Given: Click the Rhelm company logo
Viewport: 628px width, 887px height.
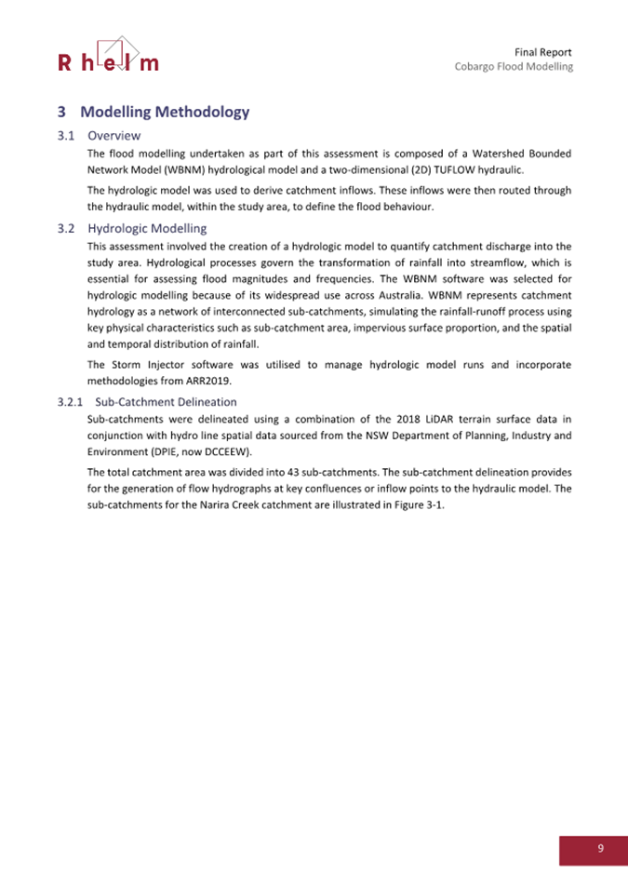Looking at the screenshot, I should pyautogui.click(x=108, y=55).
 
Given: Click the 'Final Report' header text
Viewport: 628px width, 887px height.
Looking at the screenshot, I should pyautogui.click(x=542, y=51).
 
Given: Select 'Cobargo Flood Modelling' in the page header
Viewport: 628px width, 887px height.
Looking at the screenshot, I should pyautogui.click(x=514, y=67).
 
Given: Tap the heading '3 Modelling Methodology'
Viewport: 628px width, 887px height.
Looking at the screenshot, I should pyautogui.click(x=154, y=113).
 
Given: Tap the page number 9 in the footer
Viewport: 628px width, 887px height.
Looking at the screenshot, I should pyautogui.click(x=600, y=848).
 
